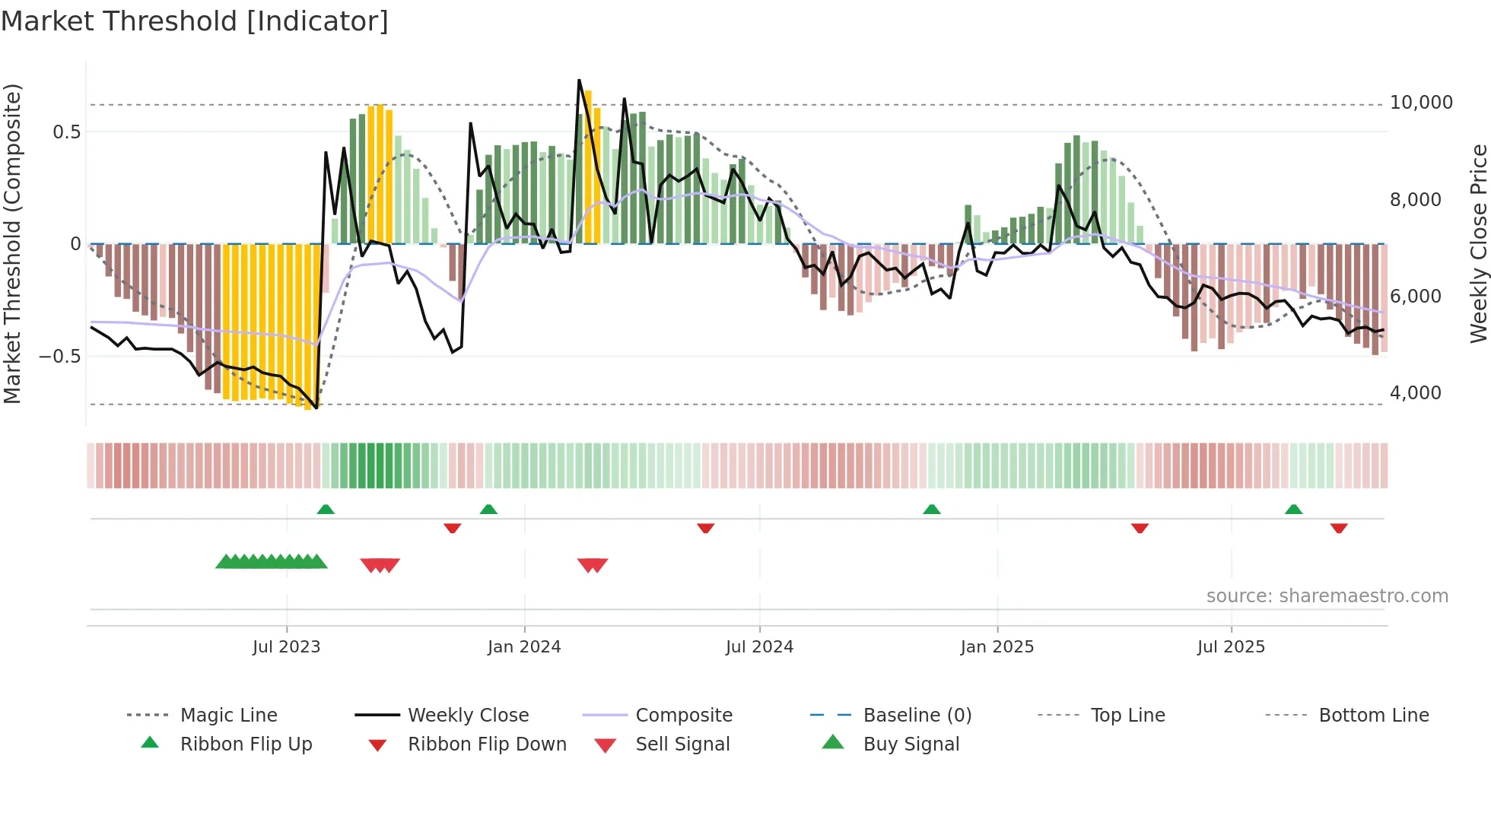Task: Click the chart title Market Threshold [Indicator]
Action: click(195, 21)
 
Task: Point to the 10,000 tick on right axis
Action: click(1420, 103)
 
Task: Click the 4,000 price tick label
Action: click(1415, 393)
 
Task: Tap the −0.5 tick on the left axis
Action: click(59, 357)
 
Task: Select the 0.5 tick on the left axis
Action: click(66, 132)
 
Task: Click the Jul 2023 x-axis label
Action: click(286, 647)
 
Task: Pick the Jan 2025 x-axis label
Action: click(997, 647)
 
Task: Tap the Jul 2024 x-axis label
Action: click(759, 647)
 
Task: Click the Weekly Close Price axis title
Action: click(1478, 243)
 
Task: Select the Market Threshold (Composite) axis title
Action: click(12, 243)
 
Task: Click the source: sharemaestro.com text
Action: click(1327, 596)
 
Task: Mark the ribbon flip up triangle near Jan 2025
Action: click(932, 509)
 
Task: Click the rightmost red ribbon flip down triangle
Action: click(1339, 528)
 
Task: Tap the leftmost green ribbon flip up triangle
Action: click(326, 509)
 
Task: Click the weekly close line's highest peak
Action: click(579, 80)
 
